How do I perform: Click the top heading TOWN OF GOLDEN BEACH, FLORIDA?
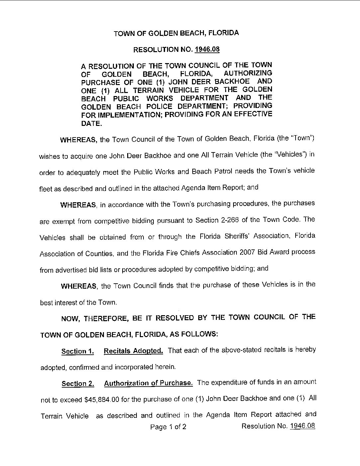click(x=176, y=33)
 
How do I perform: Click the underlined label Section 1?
click(x=78, y=351)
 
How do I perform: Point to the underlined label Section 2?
click(x=78, y=384)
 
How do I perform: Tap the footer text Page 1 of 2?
click(x=168, y=427)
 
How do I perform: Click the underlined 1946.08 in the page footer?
click(x=302, y=426)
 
